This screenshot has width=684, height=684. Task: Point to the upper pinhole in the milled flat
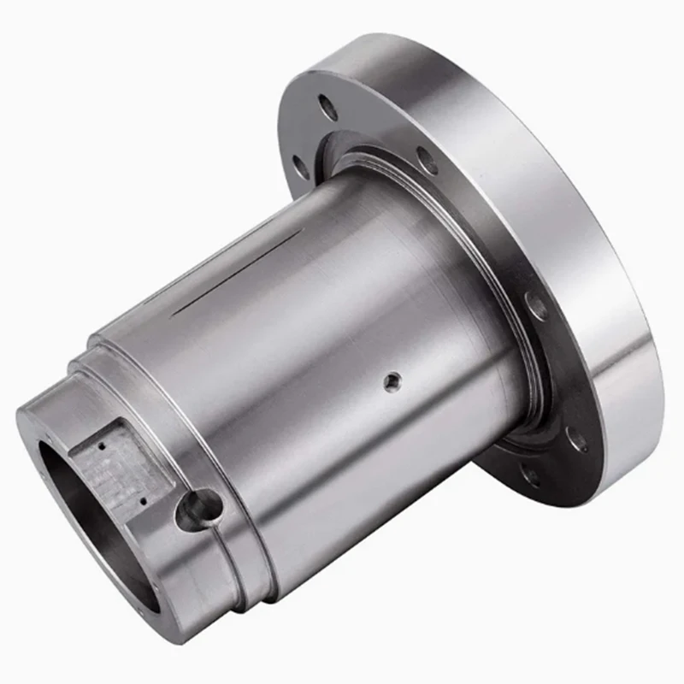pos(102,445)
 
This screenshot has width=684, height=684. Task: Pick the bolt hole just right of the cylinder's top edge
pos(426,159)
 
